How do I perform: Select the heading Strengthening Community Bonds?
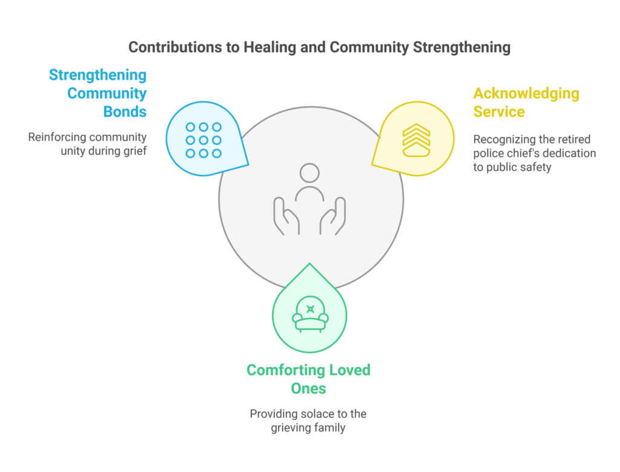click(98, 93)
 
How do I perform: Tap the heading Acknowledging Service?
click(526, 102)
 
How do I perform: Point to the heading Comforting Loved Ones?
click(308, 379)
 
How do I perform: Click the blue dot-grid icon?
click(203, 140)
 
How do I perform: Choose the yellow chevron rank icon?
click(416, 141)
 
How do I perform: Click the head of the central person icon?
click(310, 173)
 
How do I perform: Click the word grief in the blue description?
click(134, 151)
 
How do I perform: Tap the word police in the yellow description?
click(489, 153)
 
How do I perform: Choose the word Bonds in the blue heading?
click(125, 112)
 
